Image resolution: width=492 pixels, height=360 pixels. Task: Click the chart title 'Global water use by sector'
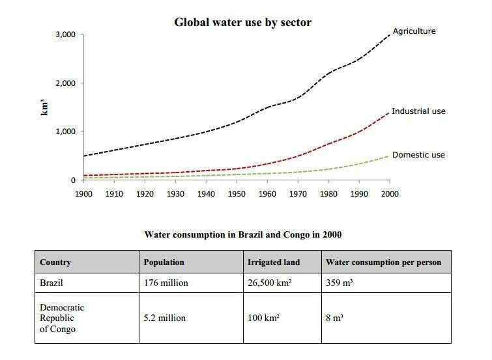click(x=242, y=22)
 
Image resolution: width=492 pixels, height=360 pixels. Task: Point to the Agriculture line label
click(x=414, y=31)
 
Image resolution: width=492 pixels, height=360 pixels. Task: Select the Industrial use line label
click(x=418, y=111)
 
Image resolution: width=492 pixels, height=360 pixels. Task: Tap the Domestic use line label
click(x=418, y=155)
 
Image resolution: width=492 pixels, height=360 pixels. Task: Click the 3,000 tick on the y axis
click(x=66, y=35)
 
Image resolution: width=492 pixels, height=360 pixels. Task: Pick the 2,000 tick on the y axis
click(x=66, y=83)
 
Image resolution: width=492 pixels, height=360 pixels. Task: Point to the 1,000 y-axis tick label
click(x=66, y=132)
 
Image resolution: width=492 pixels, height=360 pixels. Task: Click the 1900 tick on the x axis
click(x=83, y=193)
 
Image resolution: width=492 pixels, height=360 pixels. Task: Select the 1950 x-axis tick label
click(x=237, y=193)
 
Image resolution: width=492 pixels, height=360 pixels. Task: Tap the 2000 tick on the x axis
click(x=390, y=193)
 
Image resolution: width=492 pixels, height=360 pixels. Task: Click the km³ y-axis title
click(x=45, y=106)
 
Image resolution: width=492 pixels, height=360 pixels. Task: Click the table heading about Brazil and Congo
click(x=242, y=234)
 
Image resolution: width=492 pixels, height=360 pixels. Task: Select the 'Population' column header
click(x=164, y=262)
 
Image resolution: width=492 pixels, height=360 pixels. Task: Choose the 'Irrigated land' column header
click(x=274, y=262)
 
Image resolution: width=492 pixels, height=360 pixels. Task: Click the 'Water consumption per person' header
click(x=383, y=262)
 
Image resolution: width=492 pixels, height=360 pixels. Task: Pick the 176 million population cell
click(x=166, y=283)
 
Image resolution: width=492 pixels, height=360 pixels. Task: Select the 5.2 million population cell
click(x=165, y=318)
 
